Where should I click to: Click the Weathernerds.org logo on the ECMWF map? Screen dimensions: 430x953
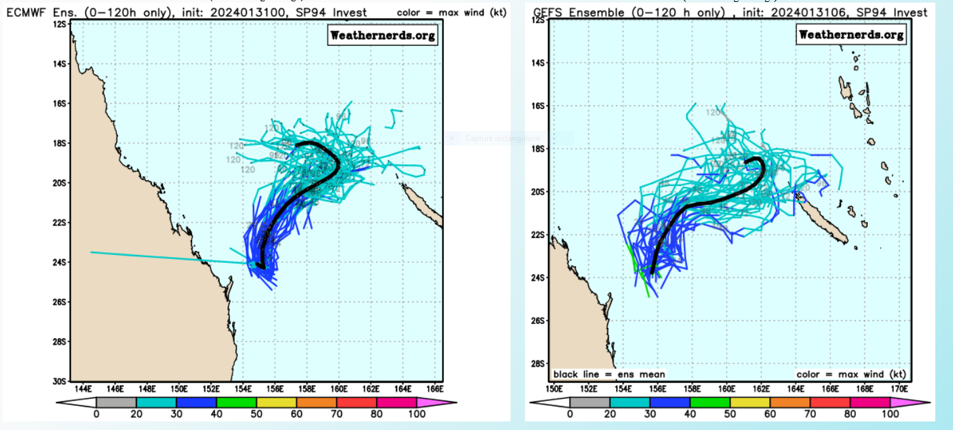pos(383,35)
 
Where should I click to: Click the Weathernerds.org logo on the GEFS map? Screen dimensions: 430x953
pos(851,34)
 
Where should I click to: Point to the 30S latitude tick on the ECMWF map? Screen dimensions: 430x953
pos(60,381)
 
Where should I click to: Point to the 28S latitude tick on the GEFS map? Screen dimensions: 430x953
pos(538,363)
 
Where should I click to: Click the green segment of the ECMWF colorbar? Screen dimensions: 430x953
pos(237,402)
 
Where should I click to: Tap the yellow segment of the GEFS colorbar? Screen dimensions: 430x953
pos(750,402)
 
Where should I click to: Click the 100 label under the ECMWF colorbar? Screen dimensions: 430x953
pos(417,414)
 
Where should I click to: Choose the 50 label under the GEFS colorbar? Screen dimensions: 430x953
pos(729,414)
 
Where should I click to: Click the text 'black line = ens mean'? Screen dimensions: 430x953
pos(609,374)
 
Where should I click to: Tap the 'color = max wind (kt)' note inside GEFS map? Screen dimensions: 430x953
pos(851,374)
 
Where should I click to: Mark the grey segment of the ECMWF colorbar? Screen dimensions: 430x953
pos(116,402)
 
